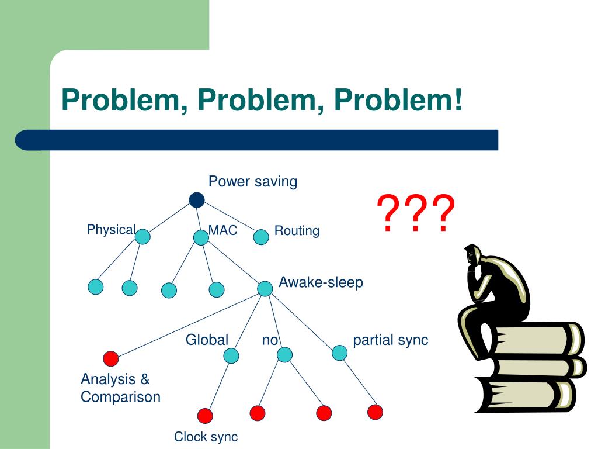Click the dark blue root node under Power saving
(197, 200)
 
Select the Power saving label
(253, 182)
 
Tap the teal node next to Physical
(142, 236)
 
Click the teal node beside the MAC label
(200, 237)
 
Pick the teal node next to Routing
(262, 237)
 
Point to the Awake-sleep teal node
(265, 288)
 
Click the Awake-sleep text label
(321, 282)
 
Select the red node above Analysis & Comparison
(110, 358)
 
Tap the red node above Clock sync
(205, 416)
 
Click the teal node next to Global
(231, 355)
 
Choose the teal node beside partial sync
(339, 353)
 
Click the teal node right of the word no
(284, 354)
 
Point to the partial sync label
(390, 340)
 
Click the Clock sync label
(206, 437)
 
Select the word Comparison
(120, 397)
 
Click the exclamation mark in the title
(456, 100)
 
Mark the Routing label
(297, 231)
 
